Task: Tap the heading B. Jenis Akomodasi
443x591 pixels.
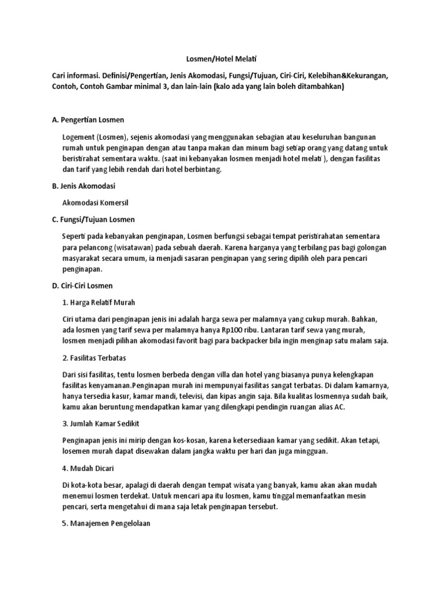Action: (84, 186)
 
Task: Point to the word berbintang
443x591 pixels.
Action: (201, 170)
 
